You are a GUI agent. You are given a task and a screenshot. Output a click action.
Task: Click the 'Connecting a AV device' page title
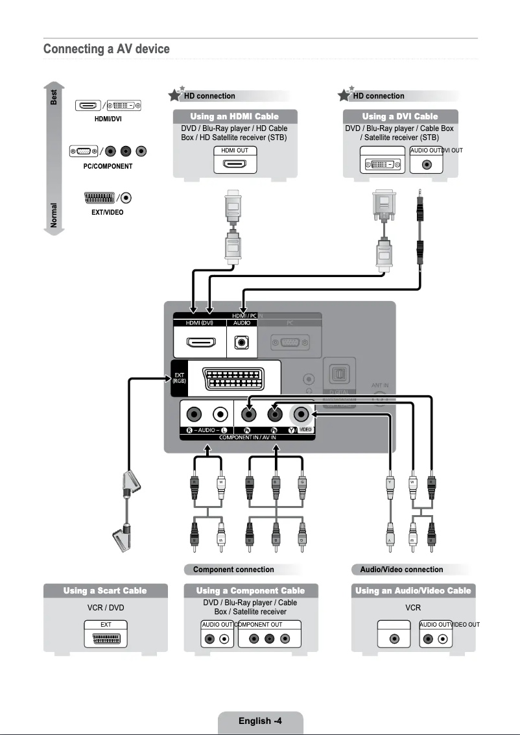[106, 49]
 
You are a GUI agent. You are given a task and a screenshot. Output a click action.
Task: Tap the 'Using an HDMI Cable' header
[234, 117]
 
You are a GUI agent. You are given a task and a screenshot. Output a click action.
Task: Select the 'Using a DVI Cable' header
[399, 117]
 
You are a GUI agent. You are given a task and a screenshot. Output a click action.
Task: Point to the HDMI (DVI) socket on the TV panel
[197, 342]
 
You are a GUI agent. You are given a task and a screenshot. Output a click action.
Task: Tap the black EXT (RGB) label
[179, 378]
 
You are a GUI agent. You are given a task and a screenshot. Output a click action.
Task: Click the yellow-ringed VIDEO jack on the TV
[300, 414]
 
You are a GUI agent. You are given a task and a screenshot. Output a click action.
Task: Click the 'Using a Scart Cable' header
[105, 591]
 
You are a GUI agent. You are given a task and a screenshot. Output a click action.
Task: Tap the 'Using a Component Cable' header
[250, 591]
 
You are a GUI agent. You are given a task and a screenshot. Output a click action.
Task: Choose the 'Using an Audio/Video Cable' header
[413, 591]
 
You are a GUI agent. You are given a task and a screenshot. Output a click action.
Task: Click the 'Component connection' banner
[233, 570]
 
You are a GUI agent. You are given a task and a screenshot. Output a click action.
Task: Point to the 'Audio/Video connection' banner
[401, 570]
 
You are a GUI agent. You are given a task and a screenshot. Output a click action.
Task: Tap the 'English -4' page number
[259, 721]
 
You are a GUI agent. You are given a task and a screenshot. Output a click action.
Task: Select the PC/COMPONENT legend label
[108, 167]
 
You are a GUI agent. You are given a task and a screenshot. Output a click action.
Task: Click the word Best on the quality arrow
[54, 97]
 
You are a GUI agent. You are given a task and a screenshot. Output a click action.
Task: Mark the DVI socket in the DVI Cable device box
[383, 164]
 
